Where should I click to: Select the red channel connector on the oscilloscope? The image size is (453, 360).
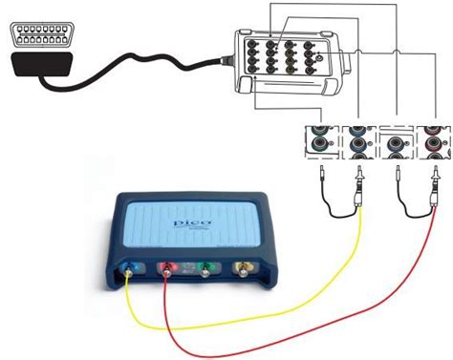click(x=168, y=275)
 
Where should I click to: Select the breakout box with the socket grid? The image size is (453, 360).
click(x=288, y=61)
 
